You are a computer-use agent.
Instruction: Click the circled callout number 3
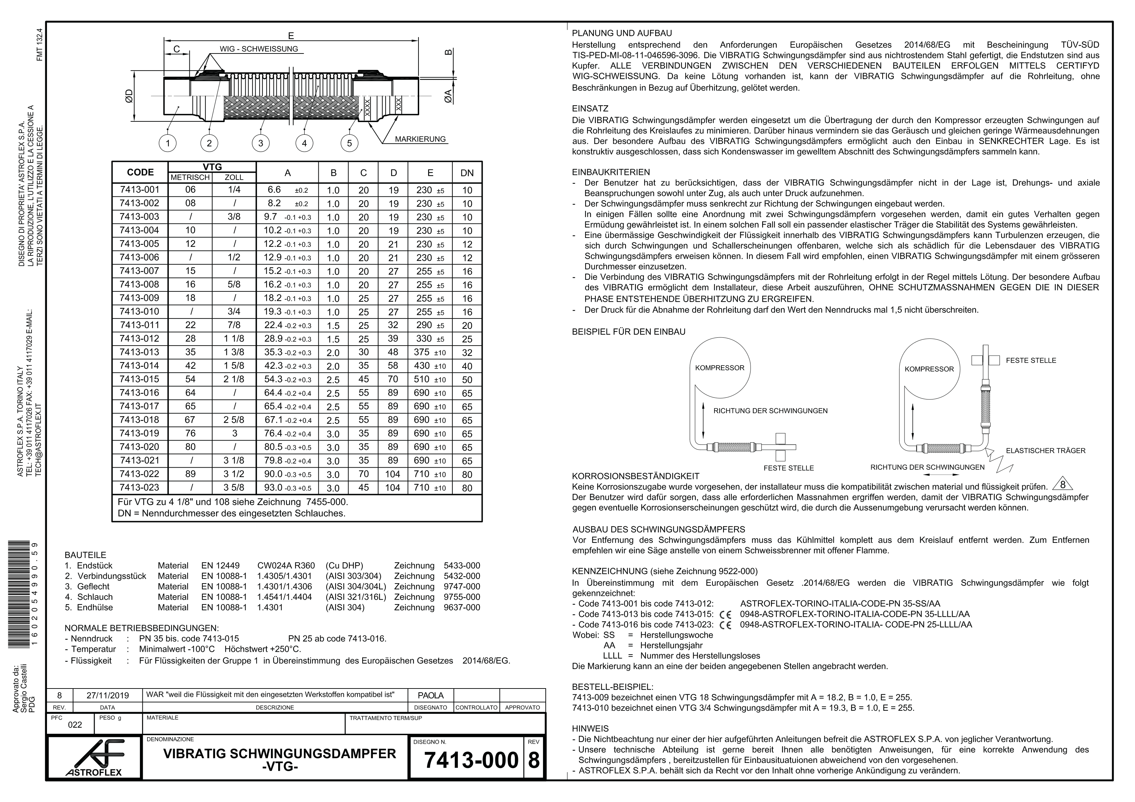261,143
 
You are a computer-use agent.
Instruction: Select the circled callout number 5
349,143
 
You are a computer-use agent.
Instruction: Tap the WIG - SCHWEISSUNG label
259,49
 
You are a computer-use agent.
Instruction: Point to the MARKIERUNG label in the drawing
420,139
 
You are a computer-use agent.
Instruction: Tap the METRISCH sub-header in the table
190,177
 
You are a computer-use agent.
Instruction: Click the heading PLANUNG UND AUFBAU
622,34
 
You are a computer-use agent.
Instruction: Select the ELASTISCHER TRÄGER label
1045,451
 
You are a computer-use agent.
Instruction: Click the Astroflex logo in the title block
94,758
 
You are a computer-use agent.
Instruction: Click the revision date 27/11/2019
107,695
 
